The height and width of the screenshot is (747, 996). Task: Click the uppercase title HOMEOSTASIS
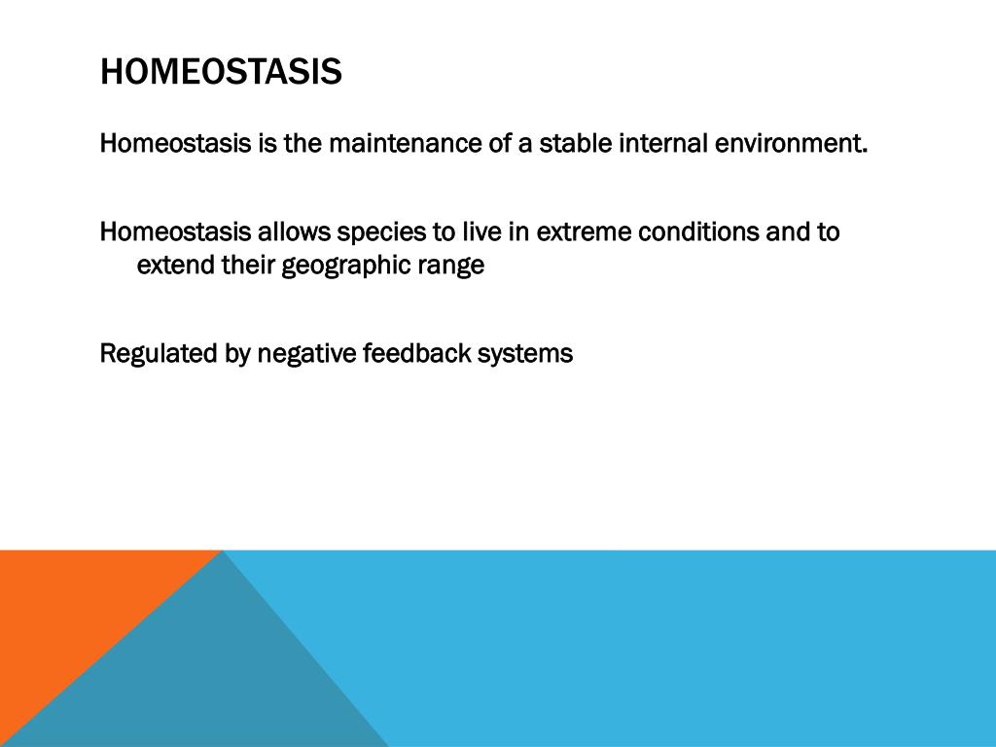(221, 70)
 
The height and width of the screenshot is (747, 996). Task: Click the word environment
(791, 143)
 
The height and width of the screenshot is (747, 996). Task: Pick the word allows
(294, 231)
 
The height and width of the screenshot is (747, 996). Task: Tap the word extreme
(584, 231)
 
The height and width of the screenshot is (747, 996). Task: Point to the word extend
(176, 265)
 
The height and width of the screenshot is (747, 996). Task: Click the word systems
(525, 355)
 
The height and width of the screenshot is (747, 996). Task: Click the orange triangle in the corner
(70, 610)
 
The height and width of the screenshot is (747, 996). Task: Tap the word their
(248, 265)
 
